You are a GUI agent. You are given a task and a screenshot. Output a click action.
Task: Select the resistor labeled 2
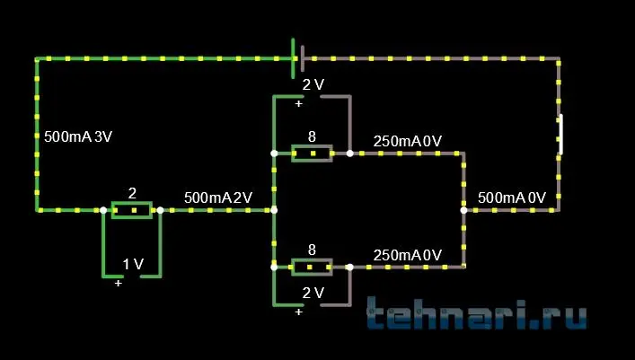131,210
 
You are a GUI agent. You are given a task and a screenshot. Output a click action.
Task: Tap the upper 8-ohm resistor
312,154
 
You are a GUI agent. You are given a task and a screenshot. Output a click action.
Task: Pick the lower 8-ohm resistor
312,268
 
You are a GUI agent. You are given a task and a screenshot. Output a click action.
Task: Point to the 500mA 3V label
78,137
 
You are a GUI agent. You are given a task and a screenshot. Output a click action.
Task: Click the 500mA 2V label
218,197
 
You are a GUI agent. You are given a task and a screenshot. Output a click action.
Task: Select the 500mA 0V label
512,197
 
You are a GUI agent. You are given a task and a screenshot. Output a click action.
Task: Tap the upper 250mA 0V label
407,141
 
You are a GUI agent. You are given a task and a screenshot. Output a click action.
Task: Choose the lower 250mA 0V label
407,255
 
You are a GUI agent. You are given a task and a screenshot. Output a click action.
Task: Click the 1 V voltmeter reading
133,264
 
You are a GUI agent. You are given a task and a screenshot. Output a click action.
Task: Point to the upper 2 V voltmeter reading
313,85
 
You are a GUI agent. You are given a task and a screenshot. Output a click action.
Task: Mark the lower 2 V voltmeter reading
313,293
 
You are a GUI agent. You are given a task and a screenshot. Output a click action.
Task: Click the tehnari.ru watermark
478,315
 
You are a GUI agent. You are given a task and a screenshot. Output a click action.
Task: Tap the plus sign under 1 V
119,283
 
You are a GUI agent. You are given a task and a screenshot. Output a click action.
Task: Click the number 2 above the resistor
132,193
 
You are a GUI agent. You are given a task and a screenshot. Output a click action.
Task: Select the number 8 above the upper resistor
312,136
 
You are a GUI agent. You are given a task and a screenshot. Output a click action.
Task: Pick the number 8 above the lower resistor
312,250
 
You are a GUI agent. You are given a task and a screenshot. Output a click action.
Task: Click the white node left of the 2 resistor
103,210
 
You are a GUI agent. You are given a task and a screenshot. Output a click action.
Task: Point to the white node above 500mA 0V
463,210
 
